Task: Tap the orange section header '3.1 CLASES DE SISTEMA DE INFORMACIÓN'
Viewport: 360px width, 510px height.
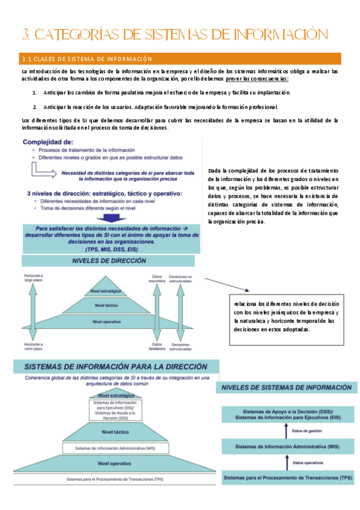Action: point(87,59)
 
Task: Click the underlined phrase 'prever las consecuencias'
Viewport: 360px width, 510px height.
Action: point(257,79)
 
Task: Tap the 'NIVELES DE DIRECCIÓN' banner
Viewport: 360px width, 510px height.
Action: point(108,262)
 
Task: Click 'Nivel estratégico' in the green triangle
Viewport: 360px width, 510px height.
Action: point(106,291)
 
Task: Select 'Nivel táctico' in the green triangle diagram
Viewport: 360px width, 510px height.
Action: point(106,306)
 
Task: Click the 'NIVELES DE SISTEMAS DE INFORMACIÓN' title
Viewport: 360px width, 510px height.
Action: point(287,387)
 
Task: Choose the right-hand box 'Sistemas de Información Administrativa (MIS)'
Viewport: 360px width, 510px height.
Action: point(287,447)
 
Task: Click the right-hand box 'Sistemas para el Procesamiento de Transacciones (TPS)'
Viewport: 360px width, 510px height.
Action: point(287,479)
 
